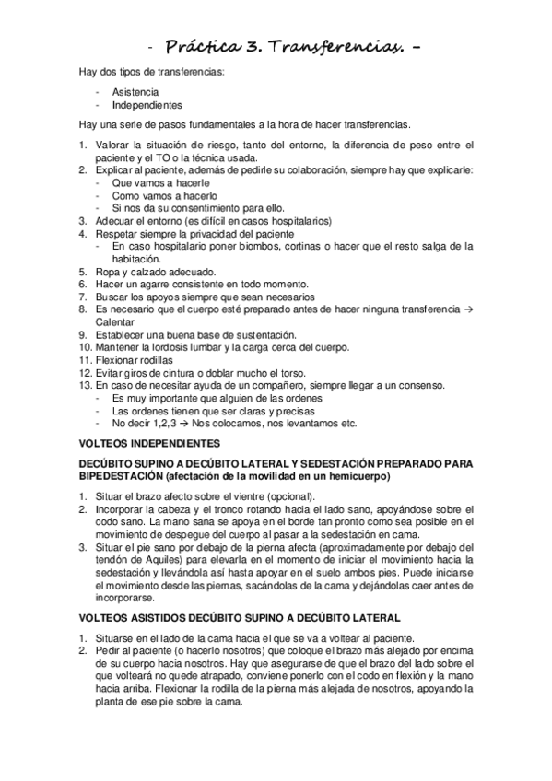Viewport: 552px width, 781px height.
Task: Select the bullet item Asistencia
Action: tap(135, 93)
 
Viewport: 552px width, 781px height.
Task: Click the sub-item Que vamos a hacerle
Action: tap(159, 182)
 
